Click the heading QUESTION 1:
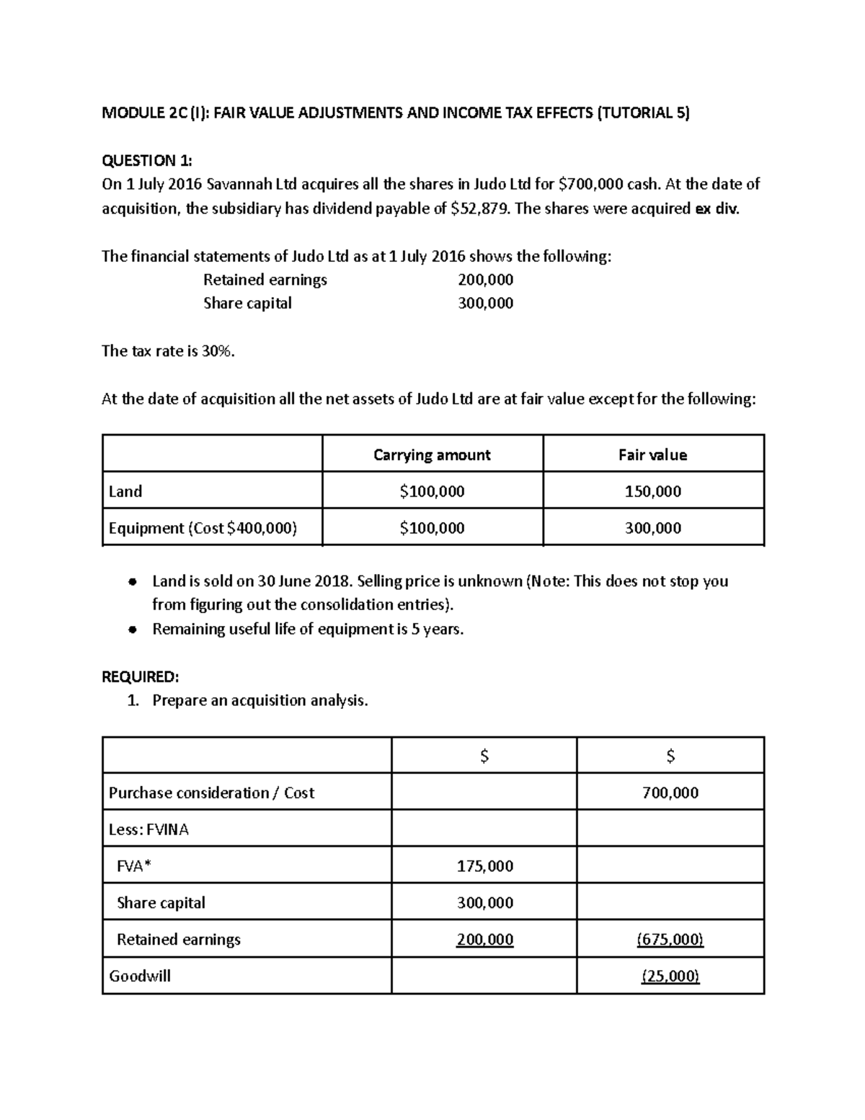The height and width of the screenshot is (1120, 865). [x=147, y=160]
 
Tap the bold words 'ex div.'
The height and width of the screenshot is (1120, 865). [x=717, y=209]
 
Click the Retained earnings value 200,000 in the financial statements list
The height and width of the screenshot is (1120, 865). [x=485, y=280]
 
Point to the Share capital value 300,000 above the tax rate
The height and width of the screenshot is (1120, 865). [x=485, y=303]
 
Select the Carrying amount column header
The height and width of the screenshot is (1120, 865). [x=432, y=455]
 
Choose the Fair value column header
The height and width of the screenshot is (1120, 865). [x=652, y=455]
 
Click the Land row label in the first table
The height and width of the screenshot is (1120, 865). [x=125, y=492]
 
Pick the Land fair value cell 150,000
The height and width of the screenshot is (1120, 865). [x=652, y=492]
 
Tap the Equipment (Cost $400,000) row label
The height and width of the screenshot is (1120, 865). [x=203, y=528]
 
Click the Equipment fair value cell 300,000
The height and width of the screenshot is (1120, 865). [x=652, y=528]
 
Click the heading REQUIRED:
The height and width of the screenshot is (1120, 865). [x=140, y=676]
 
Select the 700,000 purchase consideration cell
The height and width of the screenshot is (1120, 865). [x=670, y=793]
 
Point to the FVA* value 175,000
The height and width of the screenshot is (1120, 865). [x=484, y=866]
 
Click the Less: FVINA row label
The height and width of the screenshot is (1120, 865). [x=148, y=830]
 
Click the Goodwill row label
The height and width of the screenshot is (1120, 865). [x=140, y=976]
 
